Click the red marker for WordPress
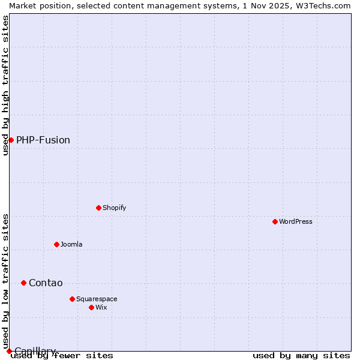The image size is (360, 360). pos(275,221)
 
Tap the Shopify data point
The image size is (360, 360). pos(99,208)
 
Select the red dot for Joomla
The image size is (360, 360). pos(57,244)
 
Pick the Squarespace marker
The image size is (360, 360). pos(73,299)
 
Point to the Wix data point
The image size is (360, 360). pos(92,307)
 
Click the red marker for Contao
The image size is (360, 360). pos(24,283)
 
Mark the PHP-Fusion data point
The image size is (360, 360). pos(11,140)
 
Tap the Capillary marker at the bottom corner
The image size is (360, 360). pos(9,351)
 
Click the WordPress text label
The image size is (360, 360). pos(296,221)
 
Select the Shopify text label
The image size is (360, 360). pos(115,208)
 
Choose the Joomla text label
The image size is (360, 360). pos(71,244)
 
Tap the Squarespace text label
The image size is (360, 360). pos(97,299)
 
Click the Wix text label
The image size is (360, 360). pos(101,307)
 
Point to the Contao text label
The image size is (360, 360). pos(46,283)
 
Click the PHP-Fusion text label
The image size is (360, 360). pos(43,140)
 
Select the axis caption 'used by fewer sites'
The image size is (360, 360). pos(62,356)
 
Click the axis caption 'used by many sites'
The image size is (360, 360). pos(301,356)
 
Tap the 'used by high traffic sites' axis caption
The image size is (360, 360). pos(5,85)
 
